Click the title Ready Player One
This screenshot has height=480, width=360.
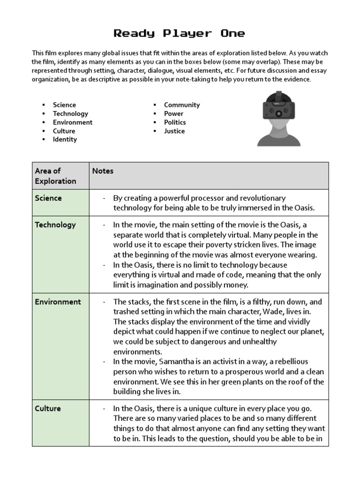(x=180, y=33)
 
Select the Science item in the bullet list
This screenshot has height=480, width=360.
(x=64, y=105)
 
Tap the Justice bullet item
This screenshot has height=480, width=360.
(x=174, y=131)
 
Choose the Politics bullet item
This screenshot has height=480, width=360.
(x=175, y=122)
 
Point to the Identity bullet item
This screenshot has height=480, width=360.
(x=65, y=140)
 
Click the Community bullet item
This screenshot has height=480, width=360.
(x=182, y=105)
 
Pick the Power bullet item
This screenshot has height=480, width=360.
(x=173, y=114)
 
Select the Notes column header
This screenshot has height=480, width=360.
(x=103, y=171)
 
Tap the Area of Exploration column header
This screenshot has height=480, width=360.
(x=55, y=176)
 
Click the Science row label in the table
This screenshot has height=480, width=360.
(x=48, y=198)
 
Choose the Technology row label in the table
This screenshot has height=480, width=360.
(x=55, y=225)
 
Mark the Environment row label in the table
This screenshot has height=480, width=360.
(x=58, y=302)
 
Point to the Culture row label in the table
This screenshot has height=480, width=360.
(x=48, y=409)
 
